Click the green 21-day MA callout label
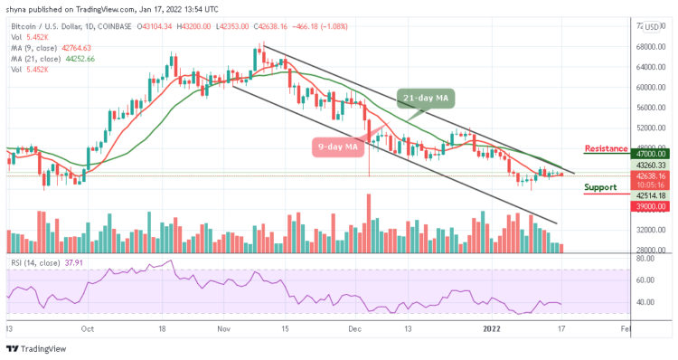tap(424, 97)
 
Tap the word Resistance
tap(607, 147)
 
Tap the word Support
tap(600, 187)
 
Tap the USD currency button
tap(652, 27)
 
